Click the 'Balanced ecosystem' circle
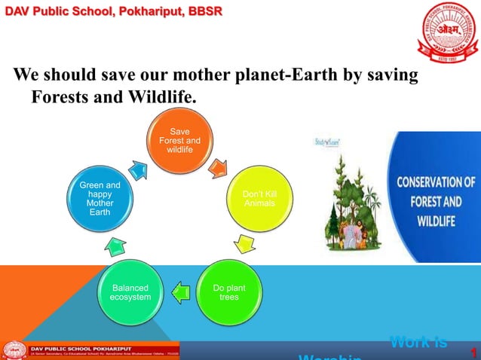pos(130,291)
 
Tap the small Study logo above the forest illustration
pos(328,142)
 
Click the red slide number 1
pos(473,352)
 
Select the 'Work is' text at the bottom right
pos(418,343)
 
